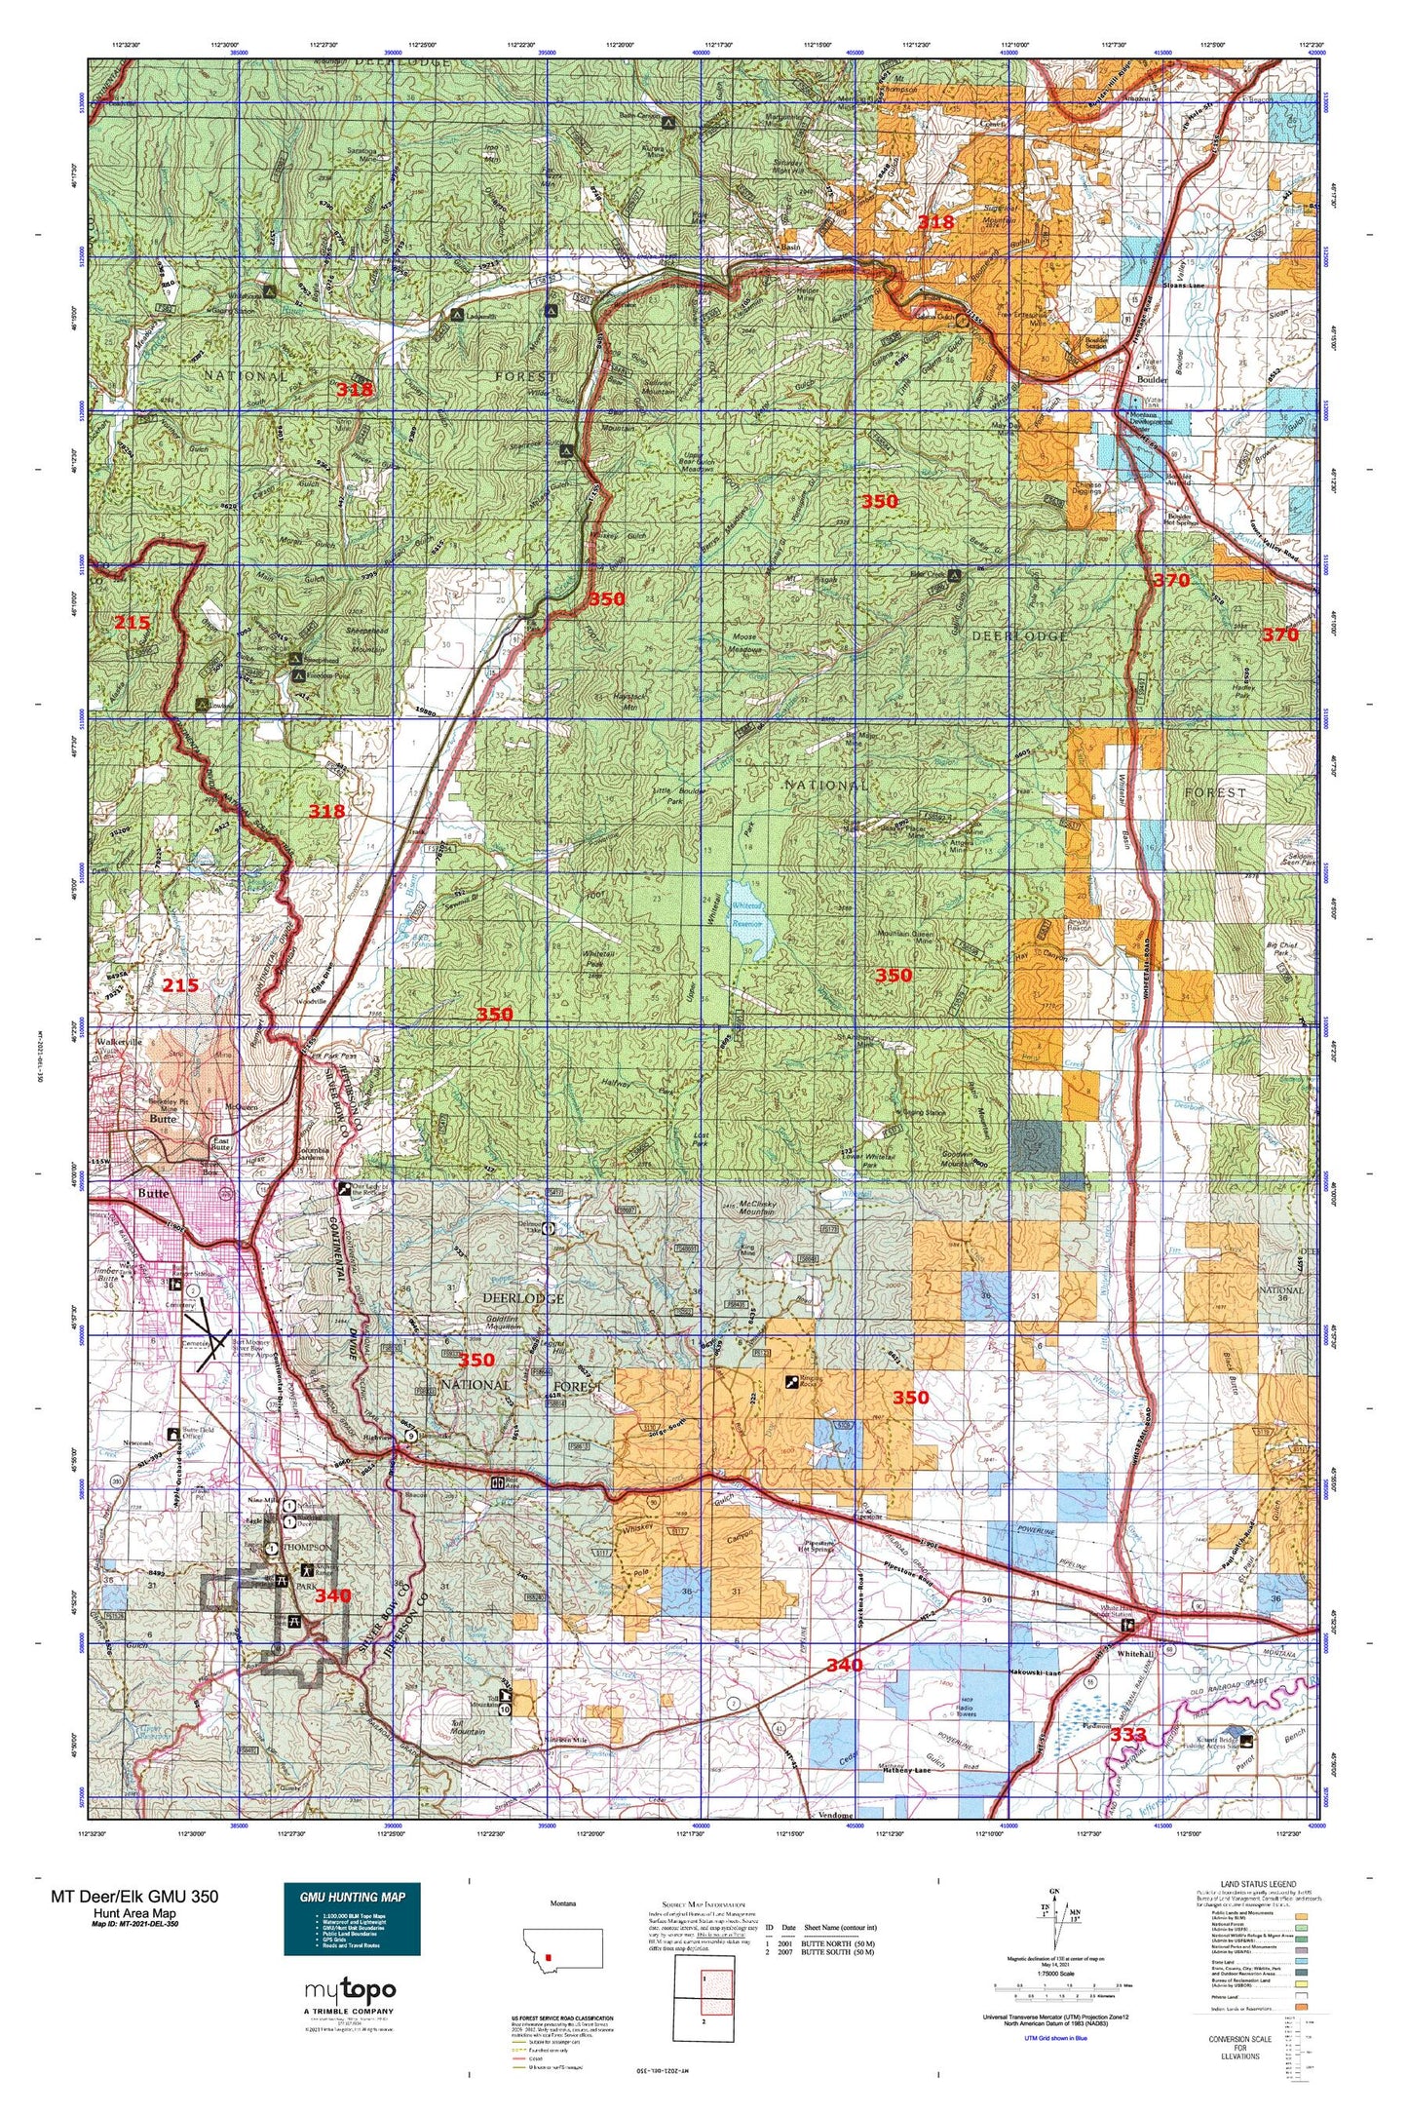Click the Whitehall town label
point(1136,1654)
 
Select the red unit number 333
point(1128,1735)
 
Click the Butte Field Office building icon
point(173,1433)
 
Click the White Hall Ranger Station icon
point(1128,1626)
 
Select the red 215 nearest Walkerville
point(180,985)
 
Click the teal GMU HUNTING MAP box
point(352,1918)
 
